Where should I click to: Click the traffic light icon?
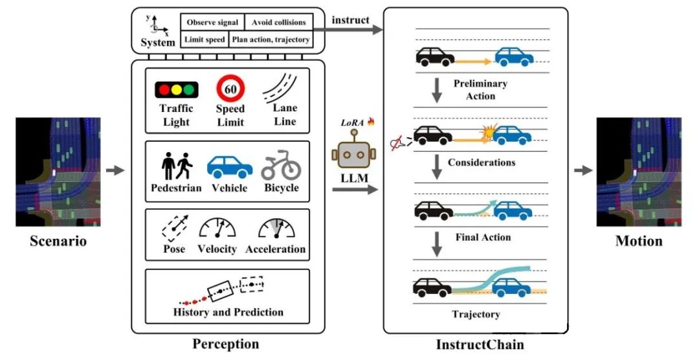[176, 89]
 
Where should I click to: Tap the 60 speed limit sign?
[230, 87]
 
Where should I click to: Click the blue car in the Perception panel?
[230, 167]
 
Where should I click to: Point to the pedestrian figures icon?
[176, 166]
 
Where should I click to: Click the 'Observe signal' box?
[212, 23]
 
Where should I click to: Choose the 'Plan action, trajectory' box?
[270, 39]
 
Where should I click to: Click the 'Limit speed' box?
[205, 39]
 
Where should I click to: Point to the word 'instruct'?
[350, 20]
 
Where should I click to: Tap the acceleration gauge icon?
[276, 228]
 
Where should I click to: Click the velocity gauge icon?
[217, 228]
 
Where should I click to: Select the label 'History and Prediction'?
[228, 312]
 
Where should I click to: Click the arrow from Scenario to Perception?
[115, 170]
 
